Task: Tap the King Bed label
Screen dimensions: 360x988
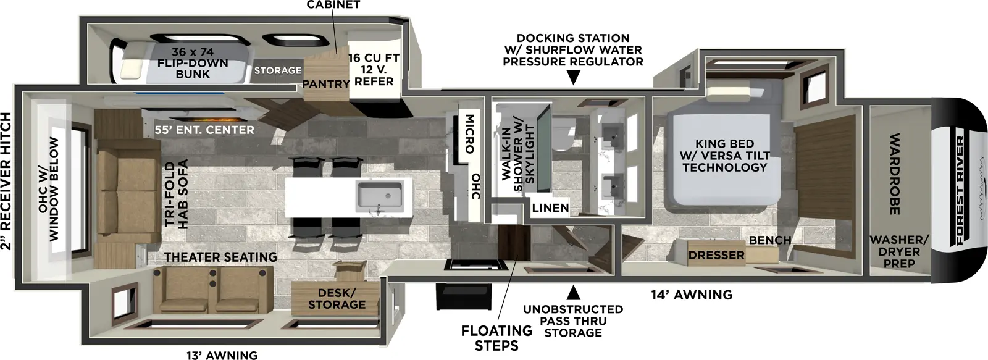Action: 724,156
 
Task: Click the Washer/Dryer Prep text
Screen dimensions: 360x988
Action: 898,251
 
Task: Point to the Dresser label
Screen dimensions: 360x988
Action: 716,255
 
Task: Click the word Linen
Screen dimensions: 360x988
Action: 550,207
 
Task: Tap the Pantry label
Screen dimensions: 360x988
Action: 325,83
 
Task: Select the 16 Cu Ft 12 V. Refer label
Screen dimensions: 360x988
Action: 374,70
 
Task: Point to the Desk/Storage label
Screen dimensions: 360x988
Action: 337,298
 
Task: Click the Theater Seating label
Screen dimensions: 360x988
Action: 220,256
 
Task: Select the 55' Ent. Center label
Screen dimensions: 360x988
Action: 204,130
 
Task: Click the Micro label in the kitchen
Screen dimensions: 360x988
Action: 469,133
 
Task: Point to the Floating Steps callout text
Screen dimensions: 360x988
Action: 496,338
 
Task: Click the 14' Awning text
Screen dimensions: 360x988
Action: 692,295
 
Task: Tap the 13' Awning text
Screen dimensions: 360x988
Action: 222,354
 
